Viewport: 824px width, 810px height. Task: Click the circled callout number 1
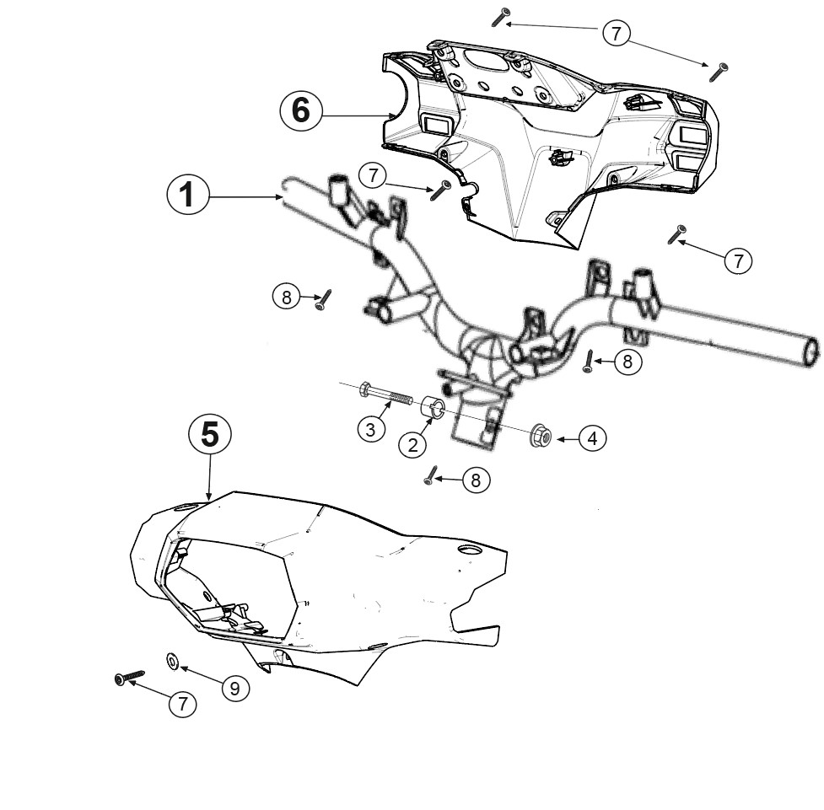coord(187,195)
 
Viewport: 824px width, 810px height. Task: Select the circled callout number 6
coord(300,111)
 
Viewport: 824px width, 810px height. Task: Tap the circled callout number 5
coord(210,435)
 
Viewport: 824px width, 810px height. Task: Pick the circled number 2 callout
coord(413,445)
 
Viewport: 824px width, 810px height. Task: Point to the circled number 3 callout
coord(371,429)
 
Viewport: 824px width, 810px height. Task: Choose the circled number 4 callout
coord(593,438)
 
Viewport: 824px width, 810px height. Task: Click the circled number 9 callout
coord(235,688)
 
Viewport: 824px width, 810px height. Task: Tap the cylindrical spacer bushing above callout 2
coord(433,407)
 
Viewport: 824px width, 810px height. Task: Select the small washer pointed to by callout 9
coord(172,661)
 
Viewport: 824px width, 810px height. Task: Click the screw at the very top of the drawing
coord(501,17)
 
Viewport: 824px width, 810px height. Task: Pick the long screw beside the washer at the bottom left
coord(129,678)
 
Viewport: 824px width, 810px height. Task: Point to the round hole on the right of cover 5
coord(469,550)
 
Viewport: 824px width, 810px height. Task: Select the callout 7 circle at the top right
coord(616,34)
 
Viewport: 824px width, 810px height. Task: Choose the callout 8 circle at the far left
coord(287,298)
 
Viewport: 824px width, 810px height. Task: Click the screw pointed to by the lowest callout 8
coord(430,475)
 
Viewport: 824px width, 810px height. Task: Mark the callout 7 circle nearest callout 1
coord(373,175)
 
